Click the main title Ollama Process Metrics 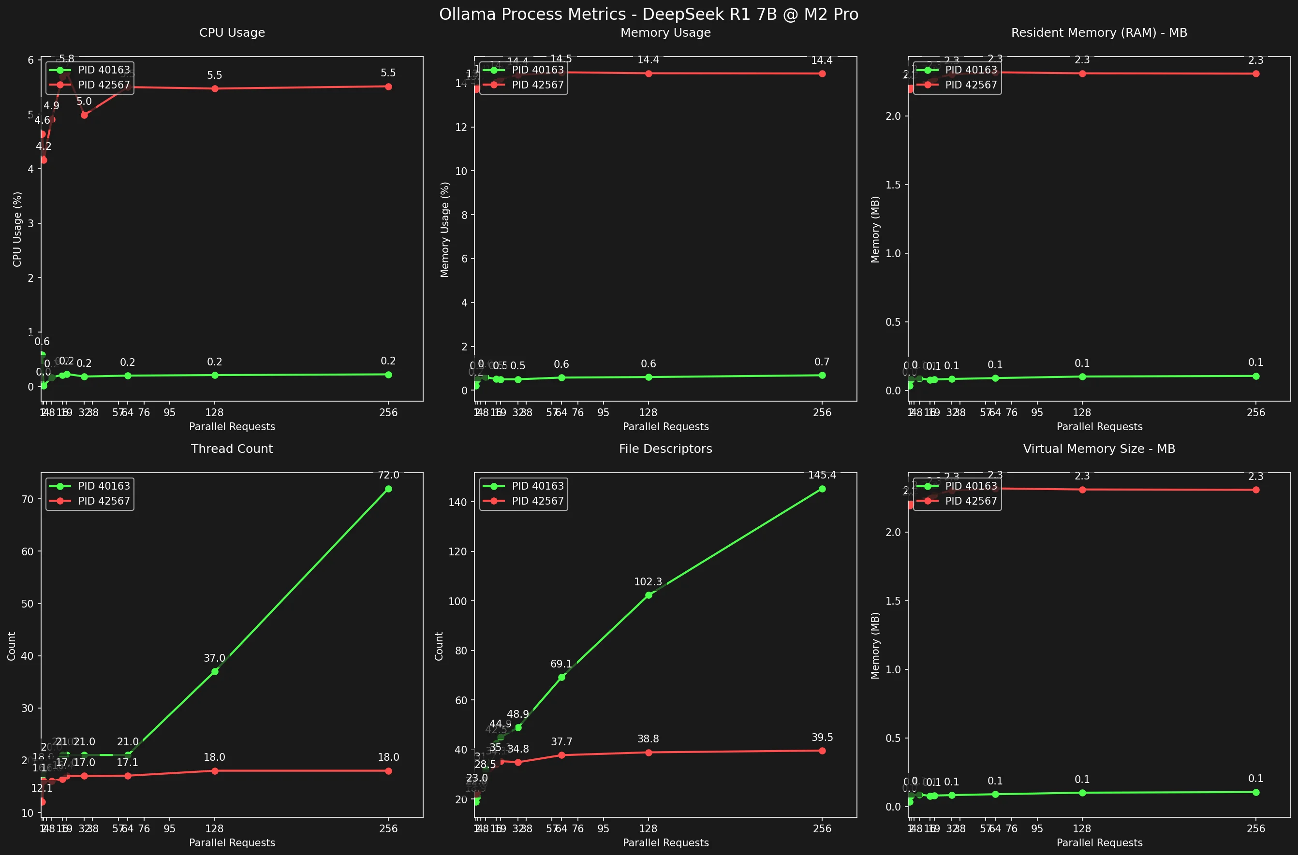pos(649,14)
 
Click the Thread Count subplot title pos(232,449)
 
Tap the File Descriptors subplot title pos(665,449)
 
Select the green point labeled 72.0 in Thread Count pos(388,489)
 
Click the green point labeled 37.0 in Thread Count pos(214,671)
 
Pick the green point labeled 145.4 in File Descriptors pos(822,489)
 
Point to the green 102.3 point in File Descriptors pos(648,595)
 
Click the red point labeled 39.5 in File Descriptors pos(822,751)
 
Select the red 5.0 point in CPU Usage pos(84,115)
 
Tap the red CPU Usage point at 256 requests pos(388,87)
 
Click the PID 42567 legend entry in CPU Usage pos(103,85)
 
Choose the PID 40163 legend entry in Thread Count pos(103,486)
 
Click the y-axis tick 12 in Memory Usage pos(461,127)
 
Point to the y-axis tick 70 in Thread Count pos(27,499)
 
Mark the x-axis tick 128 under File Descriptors pos(648,829)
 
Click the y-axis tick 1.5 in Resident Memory pos(893,185)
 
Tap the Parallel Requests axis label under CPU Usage pos(232,427)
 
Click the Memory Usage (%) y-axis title pos(444,230)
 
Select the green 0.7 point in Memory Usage pos(822,375)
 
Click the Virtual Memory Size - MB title pos(1099,449)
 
